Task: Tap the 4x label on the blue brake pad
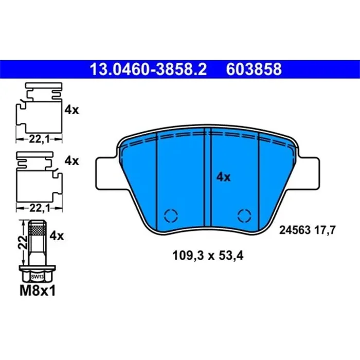click(x=223, y=177)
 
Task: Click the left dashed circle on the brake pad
click(x=169, y=215)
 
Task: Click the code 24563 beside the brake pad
click(x=295, y=231)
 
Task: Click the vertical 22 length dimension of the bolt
click(x=22, y=243)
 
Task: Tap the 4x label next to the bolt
click(x=56, y=236)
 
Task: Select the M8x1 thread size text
click(x=37, y=291)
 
